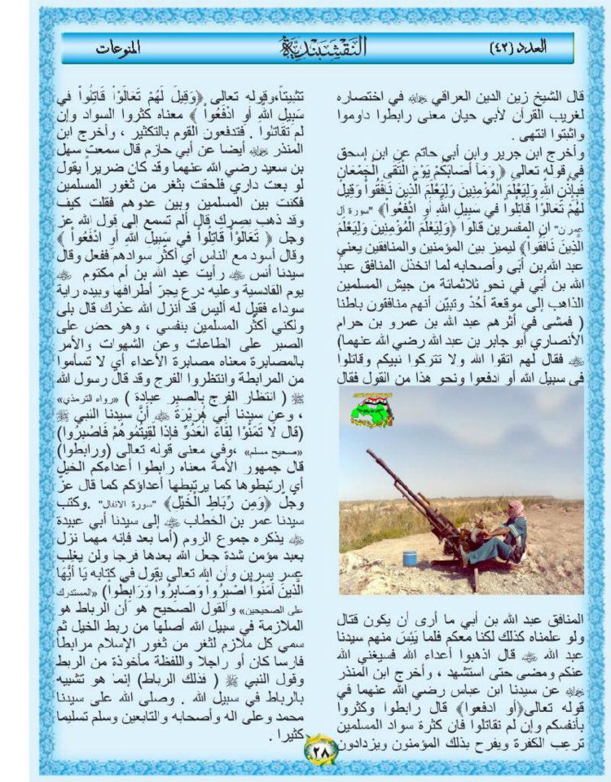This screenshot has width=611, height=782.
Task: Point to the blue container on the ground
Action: point(410,557)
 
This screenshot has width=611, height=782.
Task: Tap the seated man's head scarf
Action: point(515,509)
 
